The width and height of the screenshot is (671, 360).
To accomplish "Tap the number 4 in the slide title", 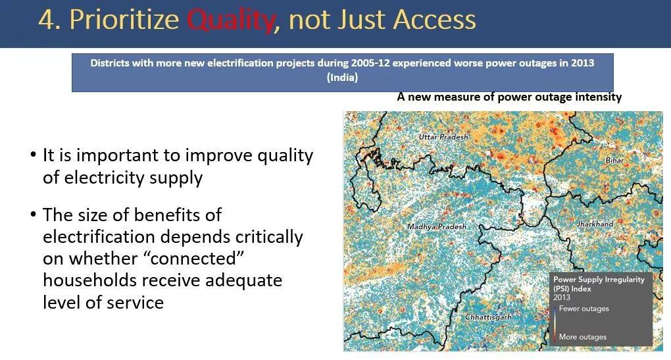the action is tap(47, 20).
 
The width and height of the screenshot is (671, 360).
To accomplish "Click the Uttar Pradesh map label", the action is tap(443, 137).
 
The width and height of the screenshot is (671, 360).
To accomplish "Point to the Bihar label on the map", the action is tap(614, 160).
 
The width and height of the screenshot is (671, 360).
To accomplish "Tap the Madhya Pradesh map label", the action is tap(437, 226).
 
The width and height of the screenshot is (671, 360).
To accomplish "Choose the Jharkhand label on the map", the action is tap(595, 224).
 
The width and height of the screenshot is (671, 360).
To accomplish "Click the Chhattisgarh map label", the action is tap(488, 317).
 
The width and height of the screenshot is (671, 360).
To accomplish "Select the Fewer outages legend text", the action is tap(584, 309).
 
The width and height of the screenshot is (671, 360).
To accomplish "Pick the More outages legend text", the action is tap(582, 337).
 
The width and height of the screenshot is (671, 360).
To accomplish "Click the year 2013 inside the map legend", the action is tap(561, 297).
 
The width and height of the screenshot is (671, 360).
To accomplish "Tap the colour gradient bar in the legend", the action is tap(555, 322).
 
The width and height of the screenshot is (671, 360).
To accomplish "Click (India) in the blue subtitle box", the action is tap(342, 78).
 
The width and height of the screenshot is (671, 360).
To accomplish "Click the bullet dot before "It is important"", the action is tap(34, 155).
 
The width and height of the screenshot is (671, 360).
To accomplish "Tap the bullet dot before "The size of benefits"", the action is tap(34, 214).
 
